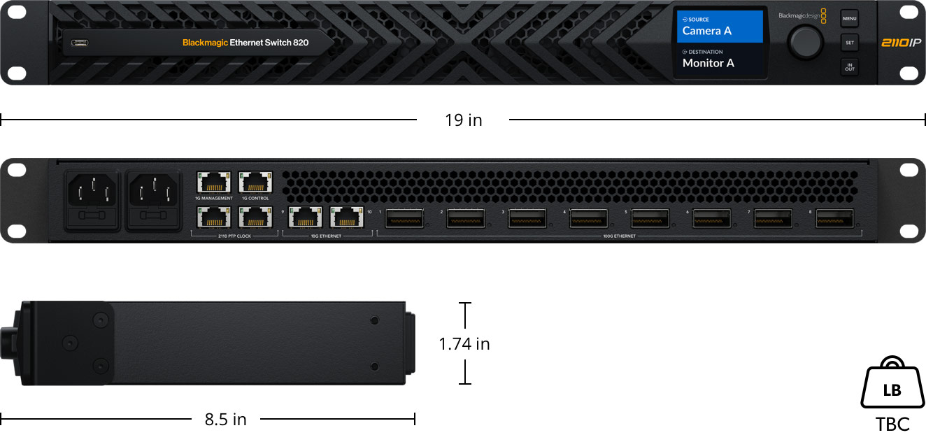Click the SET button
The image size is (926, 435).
(849, 43)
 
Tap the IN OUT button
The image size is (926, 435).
(849, 67)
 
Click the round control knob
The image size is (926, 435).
(805, 43)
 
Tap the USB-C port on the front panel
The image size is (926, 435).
(80, 43)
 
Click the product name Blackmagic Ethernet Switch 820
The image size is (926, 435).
(245, 43)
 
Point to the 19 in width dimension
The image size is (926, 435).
(463, 120)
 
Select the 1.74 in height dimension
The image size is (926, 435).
(464, 343)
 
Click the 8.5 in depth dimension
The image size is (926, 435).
(225, 420)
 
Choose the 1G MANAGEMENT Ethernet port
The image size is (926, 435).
(213, 183)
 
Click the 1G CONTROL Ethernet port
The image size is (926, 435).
(254, 183)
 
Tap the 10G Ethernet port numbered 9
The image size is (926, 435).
(304, 217)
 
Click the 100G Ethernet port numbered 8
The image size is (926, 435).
(834, 218)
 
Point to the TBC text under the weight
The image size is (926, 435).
(892, 424)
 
